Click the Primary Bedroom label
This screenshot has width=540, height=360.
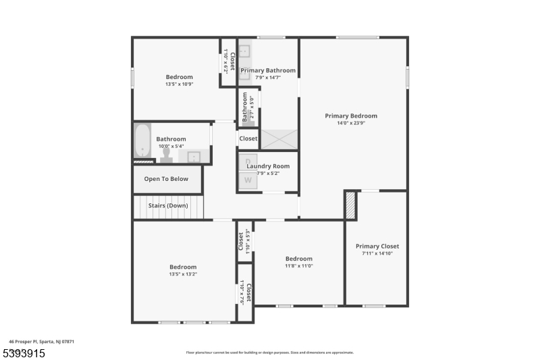[x=350, y=115]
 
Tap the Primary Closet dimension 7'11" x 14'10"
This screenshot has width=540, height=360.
[x=377, y=253]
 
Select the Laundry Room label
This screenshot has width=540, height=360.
[x=268, y=166]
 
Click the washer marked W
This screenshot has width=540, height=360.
[x=248, y=180]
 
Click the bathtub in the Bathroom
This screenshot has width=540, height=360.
[x=142, y=140]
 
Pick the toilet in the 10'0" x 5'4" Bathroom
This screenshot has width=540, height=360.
[x=166, y=155]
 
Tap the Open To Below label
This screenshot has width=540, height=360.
[x=166, y=179]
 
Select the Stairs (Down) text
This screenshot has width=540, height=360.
[x=168, y=205]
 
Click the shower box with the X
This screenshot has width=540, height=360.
[x=279, y=139]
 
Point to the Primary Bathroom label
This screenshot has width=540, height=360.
[x=268, y=70]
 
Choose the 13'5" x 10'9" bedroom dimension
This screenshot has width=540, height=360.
[x=179, y=84]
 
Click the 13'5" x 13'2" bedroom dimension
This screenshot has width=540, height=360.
[x=183, y=274]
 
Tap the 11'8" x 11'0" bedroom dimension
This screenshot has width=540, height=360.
[x=299, y=266]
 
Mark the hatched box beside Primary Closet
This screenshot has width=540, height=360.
[x=350, y=205]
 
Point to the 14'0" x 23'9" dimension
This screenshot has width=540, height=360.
[x=350, y=123]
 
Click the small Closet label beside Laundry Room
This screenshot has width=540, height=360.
[x=248, y=138]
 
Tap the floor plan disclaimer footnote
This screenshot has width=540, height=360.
[x=269, y=352]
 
